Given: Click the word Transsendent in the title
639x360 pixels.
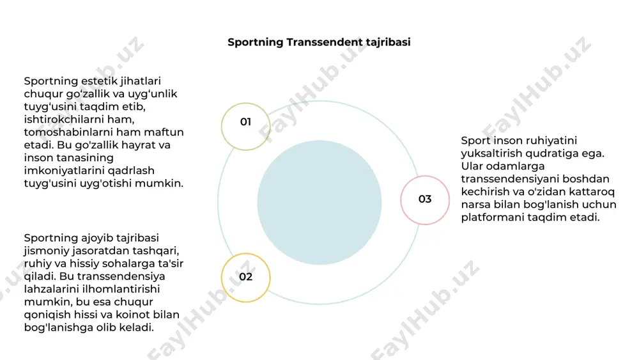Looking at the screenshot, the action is tap(325, 42).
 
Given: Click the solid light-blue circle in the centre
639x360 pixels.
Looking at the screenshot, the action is tap(319, 203).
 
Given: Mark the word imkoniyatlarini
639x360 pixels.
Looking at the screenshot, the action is tap(64, 171).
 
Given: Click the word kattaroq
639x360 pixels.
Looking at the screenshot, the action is tap(592, 192).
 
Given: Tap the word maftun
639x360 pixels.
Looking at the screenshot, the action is tap(164, 132).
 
